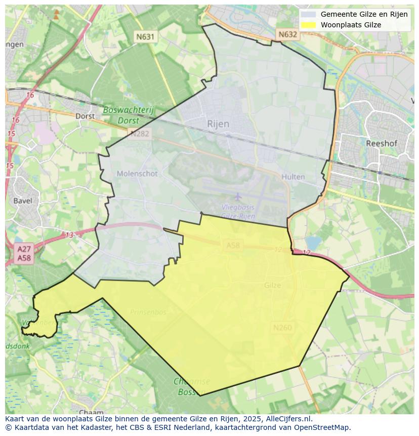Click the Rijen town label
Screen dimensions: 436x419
218,124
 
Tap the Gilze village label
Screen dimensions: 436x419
272,285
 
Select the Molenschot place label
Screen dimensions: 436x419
137,174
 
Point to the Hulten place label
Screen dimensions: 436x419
293,177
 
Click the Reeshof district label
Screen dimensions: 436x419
381,143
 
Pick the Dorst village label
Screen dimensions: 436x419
85,115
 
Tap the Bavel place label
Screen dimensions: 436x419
23,201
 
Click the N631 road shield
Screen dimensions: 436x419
145,36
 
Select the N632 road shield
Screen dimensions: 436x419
287,34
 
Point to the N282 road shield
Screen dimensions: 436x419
139,134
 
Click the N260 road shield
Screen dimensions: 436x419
282,328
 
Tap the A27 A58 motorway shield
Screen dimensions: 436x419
24,253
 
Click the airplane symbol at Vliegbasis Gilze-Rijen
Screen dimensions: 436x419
238,196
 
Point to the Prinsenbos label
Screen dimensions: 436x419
148,312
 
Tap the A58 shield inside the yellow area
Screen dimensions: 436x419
233,246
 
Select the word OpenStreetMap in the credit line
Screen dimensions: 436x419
323,427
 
